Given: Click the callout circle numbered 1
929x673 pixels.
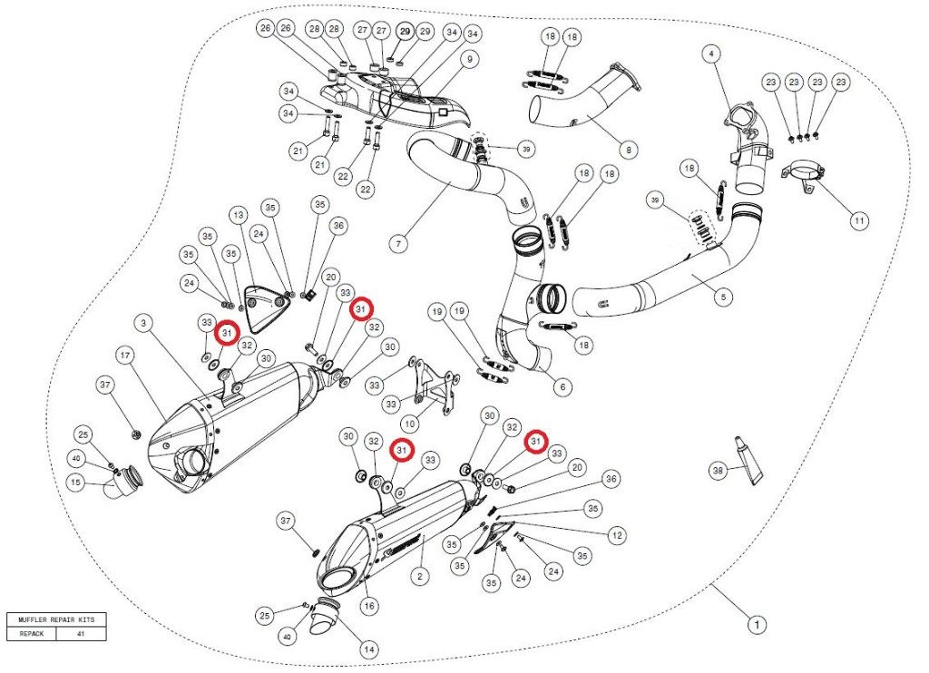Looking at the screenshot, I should [x=755, y=624].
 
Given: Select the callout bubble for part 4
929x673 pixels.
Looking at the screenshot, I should [x=712, y=54].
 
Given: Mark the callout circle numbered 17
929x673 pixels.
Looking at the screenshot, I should [x=125, y=354].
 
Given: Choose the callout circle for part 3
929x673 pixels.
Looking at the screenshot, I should [x=144, y=322].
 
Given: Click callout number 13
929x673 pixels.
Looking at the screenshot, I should [x=239, y=215].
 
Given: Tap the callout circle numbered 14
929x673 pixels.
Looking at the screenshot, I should [x=368, y=649].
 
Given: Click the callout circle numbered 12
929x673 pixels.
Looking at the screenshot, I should [x=617, y=535].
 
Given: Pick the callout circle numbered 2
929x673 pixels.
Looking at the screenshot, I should [x=419, y=575].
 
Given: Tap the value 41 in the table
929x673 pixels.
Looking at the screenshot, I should [x=81, y=634].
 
